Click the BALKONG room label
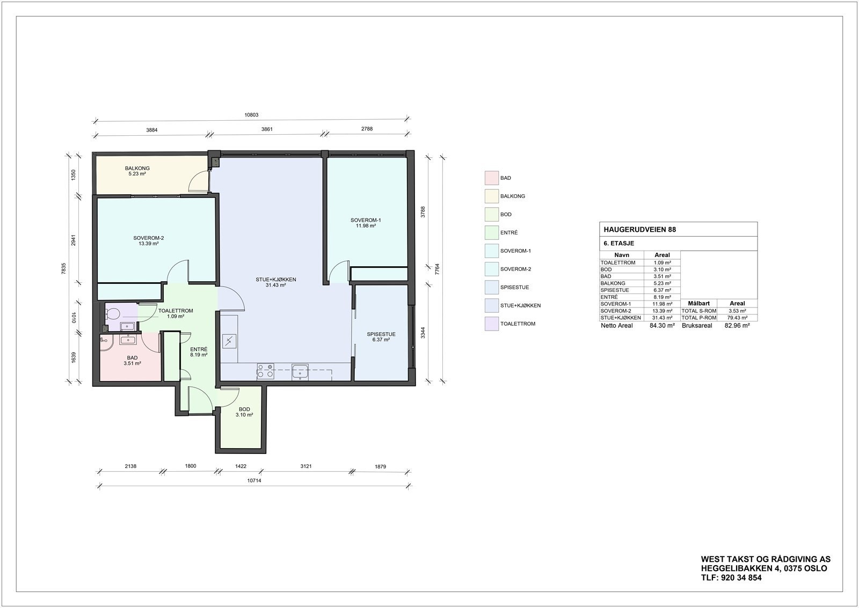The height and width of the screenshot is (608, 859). (x=137, y=169)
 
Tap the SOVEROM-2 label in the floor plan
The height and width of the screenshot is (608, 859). (x=149, y=238)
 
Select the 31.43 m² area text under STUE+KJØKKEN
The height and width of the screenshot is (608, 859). (x=275, y=285)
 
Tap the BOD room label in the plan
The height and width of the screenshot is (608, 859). (x=244, y=409)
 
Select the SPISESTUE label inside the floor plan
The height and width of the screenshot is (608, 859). (x=381, y=334)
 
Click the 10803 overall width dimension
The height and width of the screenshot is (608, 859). (x=251, y=115)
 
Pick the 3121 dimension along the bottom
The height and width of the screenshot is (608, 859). (x=305, y=466)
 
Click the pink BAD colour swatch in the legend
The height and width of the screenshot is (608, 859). (x=491, y=178)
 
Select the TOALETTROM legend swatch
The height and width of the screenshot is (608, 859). (x=491, y=324)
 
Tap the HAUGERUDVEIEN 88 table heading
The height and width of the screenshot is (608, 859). (x=640, y=229)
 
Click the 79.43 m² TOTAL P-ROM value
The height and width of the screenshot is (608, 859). (x=737, y=318)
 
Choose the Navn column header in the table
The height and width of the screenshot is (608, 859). (x=622, y=255)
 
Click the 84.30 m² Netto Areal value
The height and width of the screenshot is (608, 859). (x=661, y=325)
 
